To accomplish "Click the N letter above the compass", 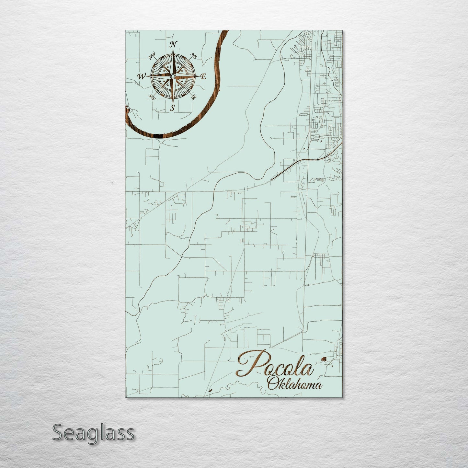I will pyautogui.click(x=174, y=44).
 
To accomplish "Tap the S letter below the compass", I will pyautogui.click(x=173, y=108).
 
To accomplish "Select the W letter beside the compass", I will pyautogui.click(x=142, y=76).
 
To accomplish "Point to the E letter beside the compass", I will pyautogui.click(x=203, y=77).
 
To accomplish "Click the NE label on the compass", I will pyautogui.click(x=194, y=56).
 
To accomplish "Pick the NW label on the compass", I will pyautogui.click(x=151, y=57).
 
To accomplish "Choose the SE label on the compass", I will pyautogui.click(x=194, y=97).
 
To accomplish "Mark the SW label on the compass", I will pyautogui.click(x=152, y=97).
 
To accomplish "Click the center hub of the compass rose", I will pyautogui.click(x=173, y=76).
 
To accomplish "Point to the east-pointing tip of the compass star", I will pyautogui.click(x=198, y=76).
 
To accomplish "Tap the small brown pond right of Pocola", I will pyautogui.click(x=323, y=359).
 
